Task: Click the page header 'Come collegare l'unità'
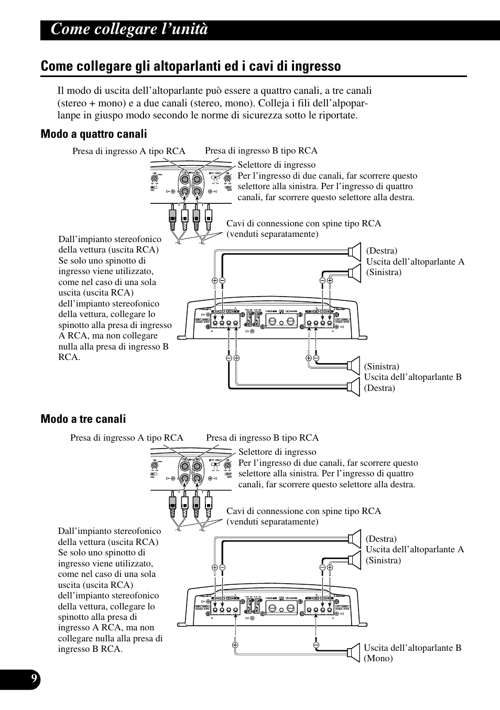[129, 29]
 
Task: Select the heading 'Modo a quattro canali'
[94, 134]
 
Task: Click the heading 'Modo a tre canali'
[83, 419]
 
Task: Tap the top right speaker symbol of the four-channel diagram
[355, 251]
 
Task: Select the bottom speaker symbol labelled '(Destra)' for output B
[354, 387]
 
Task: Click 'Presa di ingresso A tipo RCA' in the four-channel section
[129, 151]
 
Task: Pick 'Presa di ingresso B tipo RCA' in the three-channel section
[262, 438]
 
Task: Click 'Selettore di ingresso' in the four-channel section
[277, 165]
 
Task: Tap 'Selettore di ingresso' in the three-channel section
[277, 452]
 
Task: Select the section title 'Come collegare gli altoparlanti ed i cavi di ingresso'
[191, 66]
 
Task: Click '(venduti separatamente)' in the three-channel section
[273, 521]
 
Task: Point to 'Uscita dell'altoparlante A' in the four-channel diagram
[415, 261]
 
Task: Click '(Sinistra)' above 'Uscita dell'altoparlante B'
[382, 366]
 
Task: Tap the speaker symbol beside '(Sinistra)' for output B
[354, 365]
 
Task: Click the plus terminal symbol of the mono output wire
[235, 645]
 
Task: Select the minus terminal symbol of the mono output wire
[317, 645]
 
